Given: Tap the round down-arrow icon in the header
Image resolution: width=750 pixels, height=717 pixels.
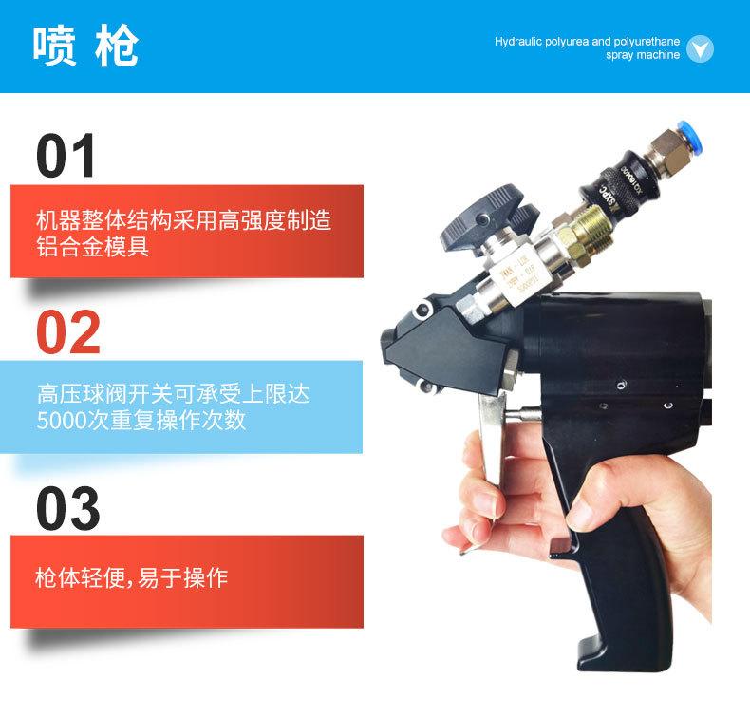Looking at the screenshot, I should [700, 48].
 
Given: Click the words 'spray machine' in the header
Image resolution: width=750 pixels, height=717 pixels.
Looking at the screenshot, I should [643, 55].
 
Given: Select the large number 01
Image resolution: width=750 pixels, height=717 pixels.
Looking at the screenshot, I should [66, 157].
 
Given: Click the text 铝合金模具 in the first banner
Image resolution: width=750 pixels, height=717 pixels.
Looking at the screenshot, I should [92, 248].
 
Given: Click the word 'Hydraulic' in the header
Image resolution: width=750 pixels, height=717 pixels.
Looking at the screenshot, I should [518, 43].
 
